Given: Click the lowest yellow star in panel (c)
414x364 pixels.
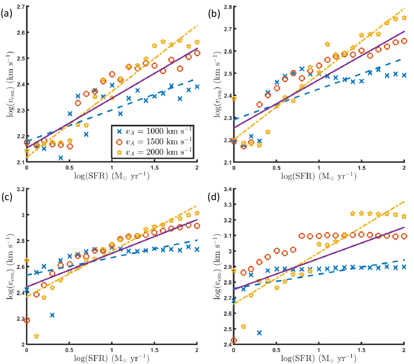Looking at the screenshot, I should click(x=35, y=337).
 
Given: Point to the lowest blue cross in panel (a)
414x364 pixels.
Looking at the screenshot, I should click(x=61, y=158).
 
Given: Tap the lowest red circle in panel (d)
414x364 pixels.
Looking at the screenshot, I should click(x=234, y=341).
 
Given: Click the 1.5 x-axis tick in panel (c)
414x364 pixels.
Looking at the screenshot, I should click(x=154, y=351).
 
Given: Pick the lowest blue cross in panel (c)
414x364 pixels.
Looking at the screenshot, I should click(x=52, y=315).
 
